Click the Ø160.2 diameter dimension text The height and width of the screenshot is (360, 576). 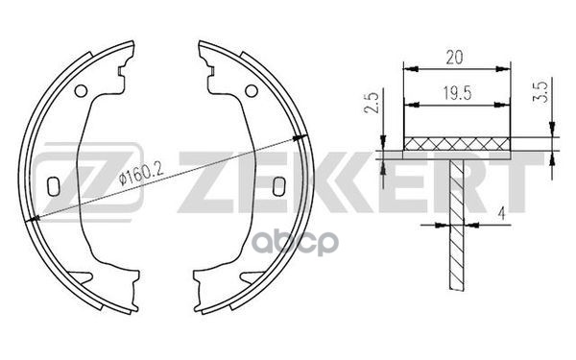coord(141,174)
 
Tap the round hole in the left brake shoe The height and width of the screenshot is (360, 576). coord(81,91)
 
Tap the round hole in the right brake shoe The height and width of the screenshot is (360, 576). coord(252,91)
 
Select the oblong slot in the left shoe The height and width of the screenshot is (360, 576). coord(54,186)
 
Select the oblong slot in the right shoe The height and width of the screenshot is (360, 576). coord(278,186)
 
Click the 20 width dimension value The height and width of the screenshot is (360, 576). coord(454,58)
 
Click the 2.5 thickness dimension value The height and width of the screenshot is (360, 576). coord(371,103)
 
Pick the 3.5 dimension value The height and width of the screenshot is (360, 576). coord(542,92)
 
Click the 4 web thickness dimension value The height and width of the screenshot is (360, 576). coord(501,213)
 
